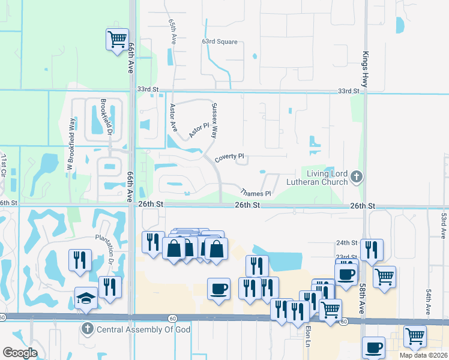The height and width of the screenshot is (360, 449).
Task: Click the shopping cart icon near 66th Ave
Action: (117, 40)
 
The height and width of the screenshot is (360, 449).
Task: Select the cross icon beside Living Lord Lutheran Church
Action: (357, 176)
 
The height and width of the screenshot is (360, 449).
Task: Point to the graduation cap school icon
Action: (86, 298)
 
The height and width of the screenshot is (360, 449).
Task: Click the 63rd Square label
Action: (220, 42)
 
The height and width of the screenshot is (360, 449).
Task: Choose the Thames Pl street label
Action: (256, 193)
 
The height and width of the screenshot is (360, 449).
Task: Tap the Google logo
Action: (20, 353)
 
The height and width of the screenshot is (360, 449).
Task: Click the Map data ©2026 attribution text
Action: (424, 355)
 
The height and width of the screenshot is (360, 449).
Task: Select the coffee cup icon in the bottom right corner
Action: (373, 347)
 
